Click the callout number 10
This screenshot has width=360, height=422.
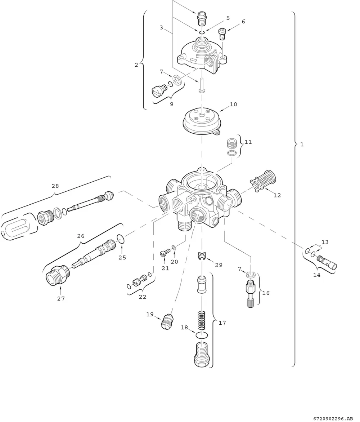[x=233, y=105]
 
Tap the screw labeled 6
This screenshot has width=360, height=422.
[x=222, y=34]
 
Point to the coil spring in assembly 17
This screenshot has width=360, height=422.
[x=202, y=320]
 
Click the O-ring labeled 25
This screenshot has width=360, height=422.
[x=121, y=239]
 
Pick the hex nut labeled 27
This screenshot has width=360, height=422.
[x=58, y=275]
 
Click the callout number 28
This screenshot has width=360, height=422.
[x=55, y=186]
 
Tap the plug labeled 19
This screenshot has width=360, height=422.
[x=167, y=321]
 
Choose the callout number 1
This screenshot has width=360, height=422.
[x=302, y=145]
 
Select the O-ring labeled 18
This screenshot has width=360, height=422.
[x=201, y=335]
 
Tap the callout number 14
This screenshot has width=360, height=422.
[x=317, y=275]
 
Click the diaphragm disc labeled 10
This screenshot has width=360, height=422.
[x=202, y=121]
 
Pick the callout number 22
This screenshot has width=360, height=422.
[x=143, y=297]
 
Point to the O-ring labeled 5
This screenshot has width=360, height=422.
[x=202, y=32]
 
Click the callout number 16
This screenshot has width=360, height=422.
[x=266, y=293]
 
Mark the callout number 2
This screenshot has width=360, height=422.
[x=136, y=65]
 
